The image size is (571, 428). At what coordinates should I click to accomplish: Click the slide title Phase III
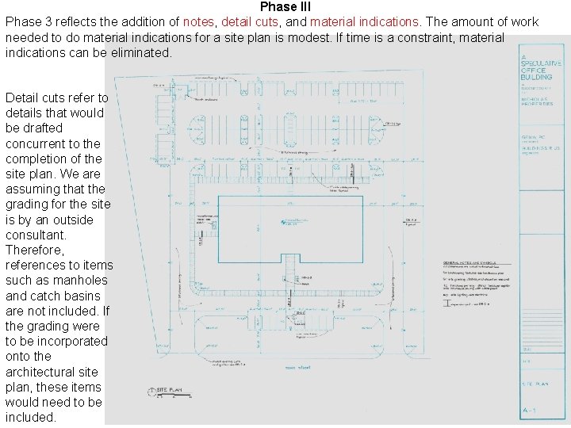[x=285, y=7]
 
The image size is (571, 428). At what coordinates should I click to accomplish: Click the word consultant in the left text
[x=35, y=235]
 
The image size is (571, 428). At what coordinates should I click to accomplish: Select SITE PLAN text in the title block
[x=535, y=383]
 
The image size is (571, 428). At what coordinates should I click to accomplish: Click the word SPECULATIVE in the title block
[x=542, y=63]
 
